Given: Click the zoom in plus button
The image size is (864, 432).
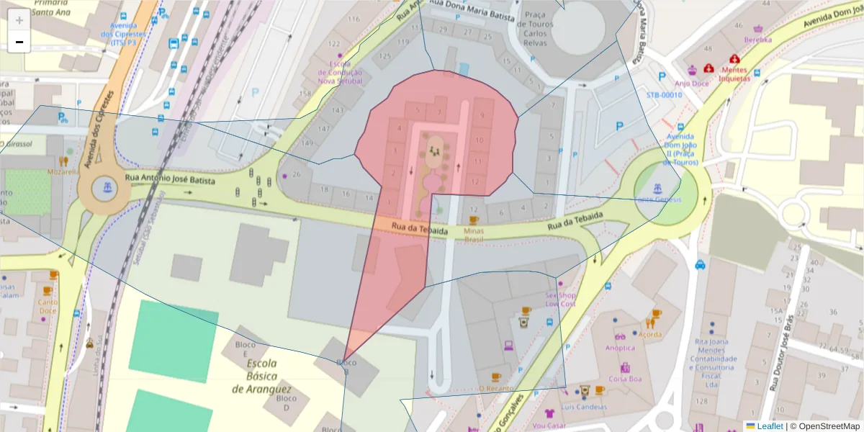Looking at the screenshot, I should [x=19, y=20].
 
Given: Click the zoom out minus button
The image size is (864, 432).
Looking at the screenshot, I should [x=19, y=42].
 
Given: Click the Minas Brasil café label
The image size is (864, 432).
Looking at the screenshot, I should [x=474, y=235].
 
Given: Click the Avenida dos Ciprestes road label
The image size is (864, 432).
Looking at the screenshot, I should [x=99, y=130].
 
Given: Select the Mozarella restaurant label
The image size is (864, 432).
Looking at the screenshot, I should [x=63, y=173].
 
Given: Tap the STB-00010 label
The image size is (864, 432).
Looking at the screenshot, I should [x=663, y=95].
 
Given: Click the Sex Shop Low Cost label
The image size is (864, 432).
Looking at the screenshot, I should [x=562, y=300].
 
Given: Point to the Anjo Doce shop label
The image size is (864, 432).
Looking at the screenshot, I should [x=692, y=83].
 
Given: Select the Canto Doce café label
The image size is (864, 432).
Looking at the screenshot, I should [x=48, y=307].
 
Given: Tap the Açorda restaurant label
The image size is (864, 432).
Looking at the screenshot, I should [x=649, y=334].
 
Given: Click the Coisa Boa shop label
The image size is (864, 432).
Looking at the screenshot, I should [x=625, y=379].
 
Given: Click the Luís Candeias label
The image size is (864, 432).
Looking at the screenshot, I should [x=583, y=407].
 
